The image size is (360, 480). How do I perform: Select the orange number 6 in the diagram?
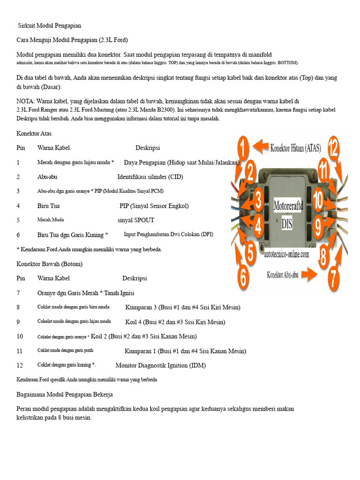click(242, 276)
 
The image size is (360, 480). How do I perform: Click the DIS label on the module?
click(287, 224)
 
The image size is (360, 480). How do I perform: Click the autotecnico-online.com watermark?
click(286, 255)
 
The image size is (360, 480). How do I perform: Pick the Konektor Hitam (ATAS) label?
click(295, 148)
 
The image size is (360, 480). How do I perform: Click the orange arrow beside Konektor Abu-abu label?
click(310, 274)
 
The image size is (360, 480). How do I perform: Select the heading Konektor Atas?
click(34, 134)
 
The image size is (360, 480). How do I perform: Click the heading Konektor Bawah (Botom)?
click(49, 264)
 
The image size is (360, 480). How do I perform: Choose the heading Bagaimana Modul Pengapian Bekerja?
click(65, 394)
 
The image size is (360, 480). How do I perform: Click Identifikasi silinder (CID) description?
click(150, 177)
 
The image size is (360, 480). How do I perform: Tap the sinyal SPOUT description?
click(136, 220)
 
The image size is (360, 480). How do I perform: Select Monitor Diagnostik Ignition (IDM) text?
click(160, 365)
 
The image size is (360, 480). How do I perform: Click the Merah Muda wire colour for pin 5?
click(51, 219)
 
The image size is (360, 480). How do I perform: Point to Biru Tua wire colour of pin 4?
click(48, 206)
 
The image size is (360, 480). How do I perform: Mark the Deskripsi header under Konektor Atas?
click(148, 148)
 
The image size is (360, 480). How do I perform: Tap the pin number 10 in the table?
click(20, 336)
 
